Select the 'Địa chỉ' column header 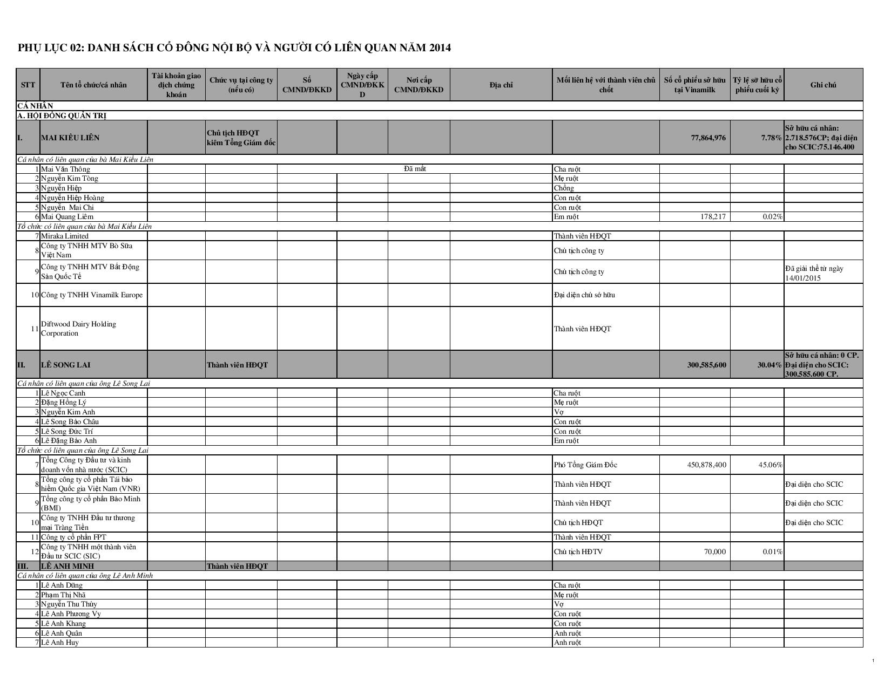coord(501,85)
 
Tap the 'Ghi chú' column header coord(823,85)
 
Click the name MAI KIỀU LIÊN coord(70,138)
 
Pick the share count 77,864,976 coord(708,138)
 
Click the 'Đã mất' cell coord(415,169)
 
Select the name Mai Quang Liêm coord(67,217)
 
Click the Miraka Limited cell coord(65,236)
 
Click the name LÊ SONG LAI coord(65,365)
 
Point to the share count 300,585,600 coord(706,365)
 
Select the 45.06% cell coord(771,465)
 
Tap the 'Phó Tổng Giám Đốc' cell coord(585,465)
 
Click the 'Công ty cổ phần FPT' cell coord(73,537)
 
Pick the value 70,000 coord(714,551)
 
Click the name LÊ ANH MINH coord(67,566)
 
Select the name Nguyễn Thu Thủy coord(69,604)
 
